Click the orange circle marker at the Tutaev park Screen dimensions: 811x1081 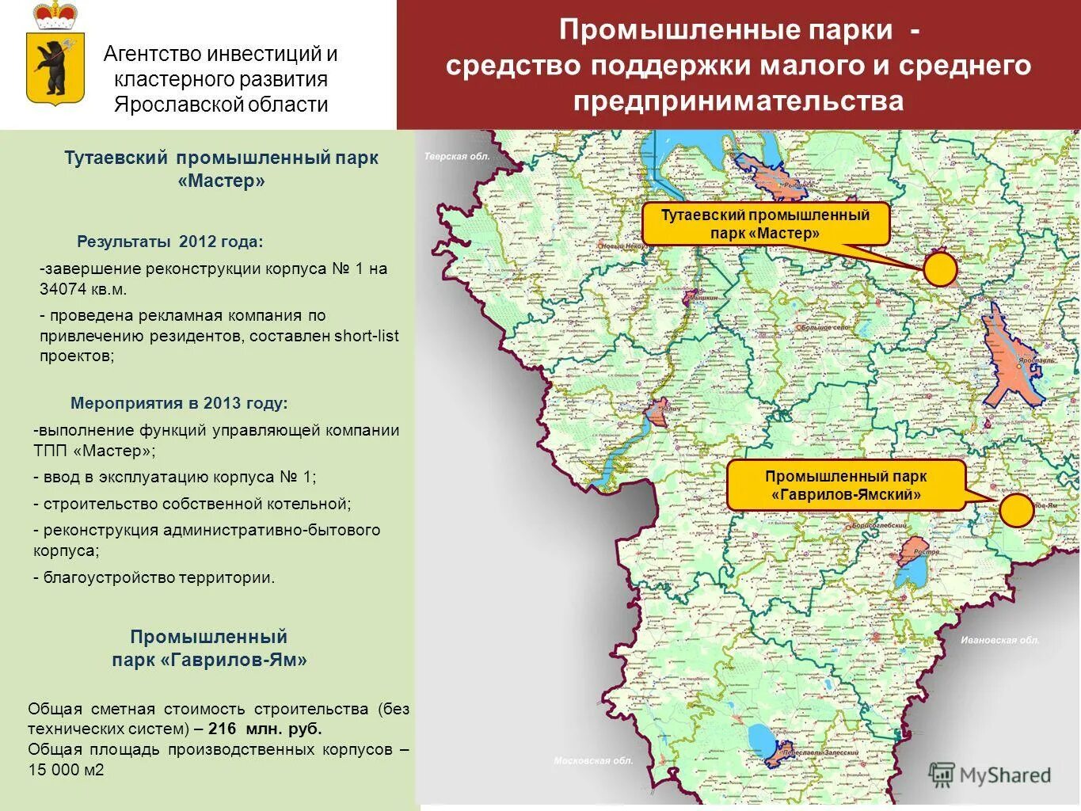[940, 270]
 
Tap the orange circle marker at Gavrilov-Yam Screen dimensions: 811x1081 [1016, 511]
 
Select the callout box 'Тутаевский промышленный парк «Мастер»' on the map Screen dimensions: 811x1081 [765, 224]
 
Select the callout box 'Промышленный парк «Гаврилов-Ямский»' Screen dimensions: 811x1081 [845, 485]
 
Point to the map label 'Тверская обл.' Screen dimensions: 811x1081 [457, 156]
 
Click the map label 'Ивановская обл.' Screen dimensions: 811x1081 [999, 640]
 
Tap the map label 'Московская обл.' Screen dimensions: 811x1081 [593, 761]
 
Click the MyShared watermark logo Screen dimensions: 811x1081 [990, 775]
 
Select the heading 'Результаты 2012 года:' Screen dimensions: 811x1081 [169, 242]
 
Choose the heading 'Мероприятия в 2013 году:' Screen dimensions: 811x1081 [179, 403]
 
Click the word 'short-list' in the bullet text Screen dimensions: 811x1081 [367, 336]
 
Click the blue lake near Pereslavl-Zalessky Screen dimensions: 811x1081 [761, 741]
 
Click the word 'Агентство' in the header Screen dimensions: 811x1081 [152, 54]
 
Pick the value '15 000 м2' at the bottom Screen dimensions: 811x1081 [67, 770]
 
